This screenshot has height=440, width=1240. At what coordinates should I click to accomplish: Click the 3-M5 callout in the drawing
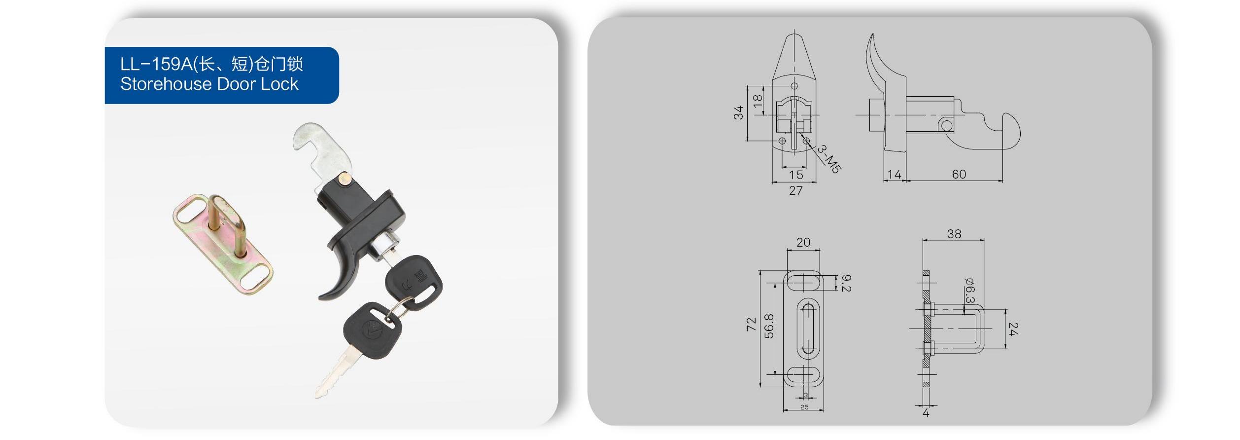point(828,158)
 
